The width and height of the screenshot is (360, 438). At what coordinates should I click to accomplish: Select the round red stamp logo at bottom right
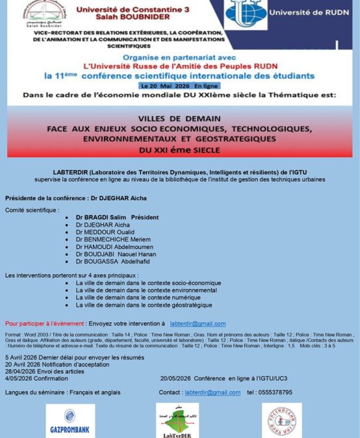tap(281, 421)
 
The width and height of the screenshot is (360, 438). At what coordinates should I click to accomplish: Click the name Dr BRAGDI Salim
tap(98, 217)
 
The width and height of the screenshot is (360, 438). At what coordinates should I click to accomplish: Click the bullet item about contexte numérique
tap(144, 298)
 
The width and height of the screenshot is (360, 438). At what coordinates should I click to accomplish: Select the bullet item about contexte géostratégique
tap(144, 305)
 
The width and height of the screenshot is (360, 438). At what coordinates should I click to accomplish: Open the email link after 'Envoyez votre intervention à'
tap(198, 324)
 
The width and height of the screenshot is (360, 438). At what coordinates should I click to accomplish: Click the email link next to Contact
tap(212, 393)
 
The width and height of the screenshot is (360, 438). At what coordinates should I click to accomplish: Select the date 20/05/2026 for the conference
tap(175, 378)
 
